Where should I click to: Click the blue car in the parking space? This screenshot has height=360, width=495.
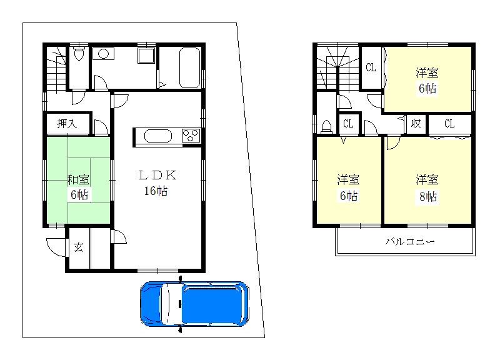(x=195, y=304)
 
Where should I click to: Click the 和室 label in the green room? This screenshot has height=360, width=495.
(x=78, y=180)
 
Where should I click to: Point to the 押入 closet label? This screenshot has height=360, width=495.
(x=67, y=124)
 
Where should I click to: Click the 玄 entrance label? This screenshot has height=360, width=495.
(x=79, y=247)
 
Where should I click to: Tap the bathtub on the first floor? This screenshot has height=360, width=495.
(x=189, y=67)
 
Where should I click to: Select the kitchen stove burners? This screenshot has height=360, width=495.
(x=190, y=135)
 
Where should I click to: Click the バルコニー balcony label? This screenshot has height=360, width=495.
(x=409, y=241)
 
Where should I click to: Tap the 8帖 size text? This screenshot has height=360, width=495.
(x=427, y=197)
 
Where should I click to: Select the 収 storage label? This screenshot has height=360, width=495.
(x=415, y=124)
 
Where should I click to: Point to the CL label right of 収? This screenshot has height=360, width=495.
(x=449, y=124)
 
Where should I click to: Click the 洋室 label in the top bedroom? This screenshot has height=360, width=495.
(x=427, y=72)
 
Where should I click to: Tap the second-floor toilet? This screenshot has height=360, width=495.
(x=327, y=126)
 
